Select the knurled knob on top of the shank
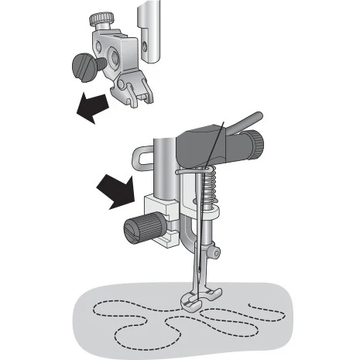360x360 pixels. (x=101, y=18)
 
